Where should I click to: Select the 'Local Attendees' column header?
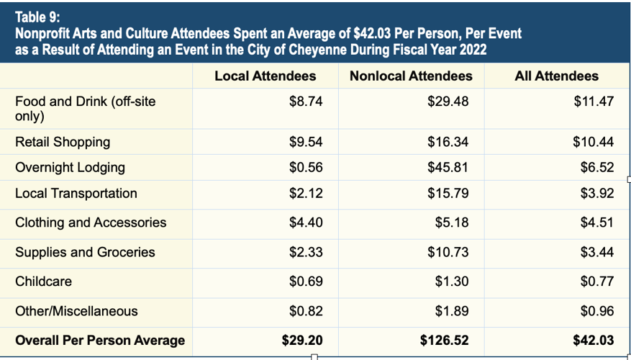[x=265, y=76]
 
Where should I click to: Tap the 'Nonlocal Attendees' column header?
[x=411, y=76]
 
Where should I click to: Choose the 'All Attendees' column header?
[x=556, y=76]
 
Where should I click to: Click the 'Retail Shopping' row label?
[x=63, y=142]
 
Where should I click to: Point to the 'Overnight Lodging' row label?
[x=70, y=168]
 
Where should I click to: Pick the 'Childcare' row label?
[x=43, y=282]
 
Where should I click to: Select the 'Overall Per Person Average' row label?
[x=100, y=341]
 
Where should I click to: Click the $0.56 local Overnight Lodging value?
[x=306, y=168]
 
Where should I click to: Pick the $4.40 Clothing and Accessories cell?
[x=306, y=223]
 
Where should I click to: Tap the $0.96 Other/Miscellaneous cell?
[x=596, y=312]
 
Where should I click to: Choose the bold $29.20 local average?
[x=302, y=341]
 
